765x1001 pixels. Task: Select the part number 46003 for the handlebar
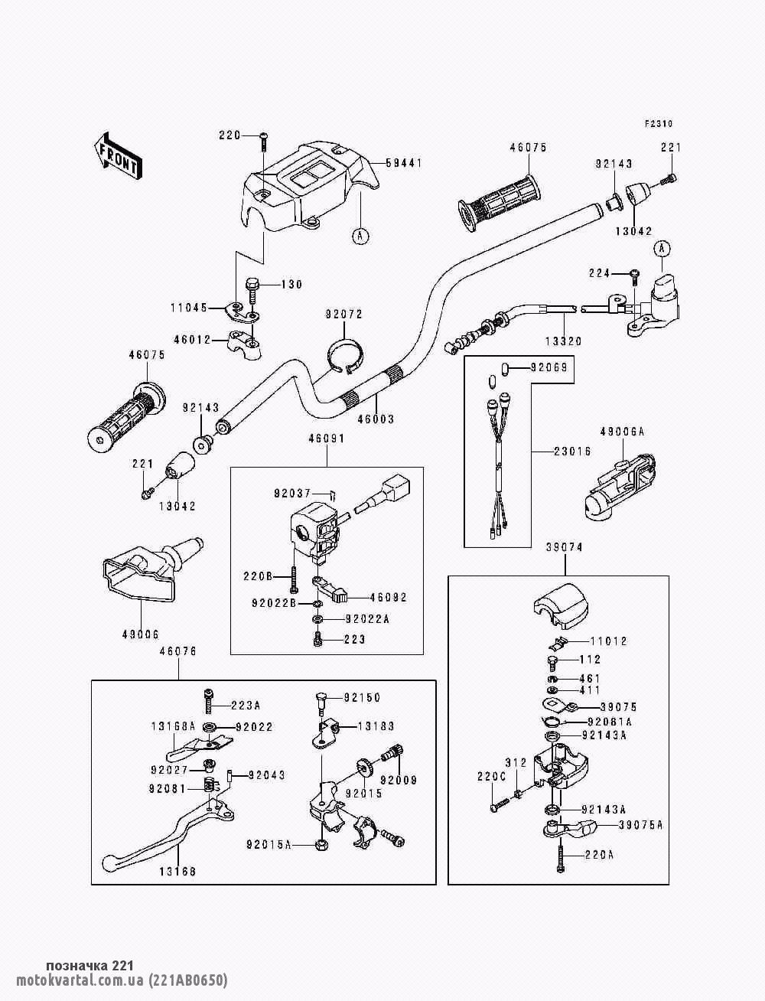tap(376, 419)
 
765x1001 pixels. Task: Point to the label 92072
tap(343, 315)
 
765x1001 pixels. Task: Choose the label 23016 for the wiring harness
tap(572, 452)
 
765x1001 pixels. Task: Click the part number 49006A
tap(622, 432)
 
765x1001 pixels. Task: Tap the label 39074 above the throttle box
tap(565, 548)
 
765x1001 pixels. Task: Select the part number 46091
tap(327, 439)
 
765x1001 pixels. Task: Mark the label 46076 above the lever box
tap(178, 651)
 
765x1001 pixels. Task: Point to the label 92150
tap(362, 698)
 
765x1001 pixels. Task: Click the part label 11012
tap(608, 641)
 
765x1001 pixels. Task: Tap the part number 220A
tap(601, 856)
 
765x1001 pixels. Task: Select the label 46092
tap(389, 598)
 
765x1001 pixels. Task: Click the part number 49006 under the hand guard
tap(140, 634)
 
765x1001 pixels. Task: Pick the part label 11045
tap(189, 308)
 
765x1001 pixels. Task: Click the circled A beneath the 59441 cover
tap(359, 236)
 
